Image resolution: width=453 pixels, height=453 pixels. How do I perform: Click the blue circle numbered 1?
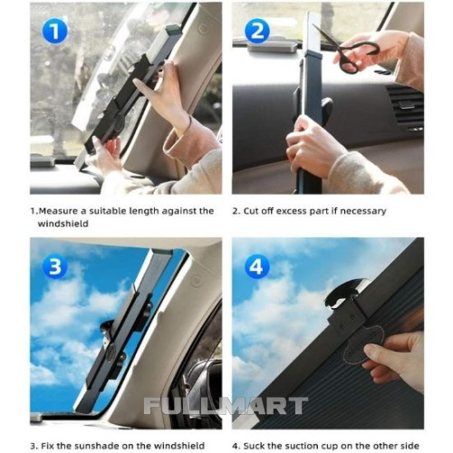(x=54, y=32)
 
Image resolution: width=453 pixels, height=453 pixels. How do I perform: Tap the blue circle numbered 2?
(x=257, y=31)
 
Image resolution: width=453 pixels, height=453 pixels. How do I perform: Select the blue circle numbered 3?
(x=54, y=266)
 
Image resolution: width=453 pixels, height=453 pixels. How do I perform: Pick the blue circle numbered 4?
(x=256, y=267)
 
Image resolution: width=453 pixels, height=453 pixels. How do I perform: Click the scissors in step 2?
(x=347, y=49)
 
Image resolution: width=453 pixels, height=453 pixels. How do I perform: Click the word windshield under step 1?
(x=63, y=224)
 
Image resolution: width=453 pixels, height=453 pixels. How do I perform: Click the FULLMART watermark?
(x=226, y=405)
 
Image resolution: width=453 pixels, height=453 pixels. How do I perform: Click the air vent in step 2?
(x=405, y=107)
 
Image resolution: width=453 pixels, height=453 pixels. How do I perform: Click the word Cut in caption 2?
(x=251, y=211)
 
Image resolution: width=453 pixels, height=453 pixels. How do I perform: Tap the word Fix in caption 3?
(x=46, y=446)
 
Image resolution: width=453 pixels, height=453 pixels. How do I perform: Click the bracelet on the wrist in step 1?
(x=188, y=124)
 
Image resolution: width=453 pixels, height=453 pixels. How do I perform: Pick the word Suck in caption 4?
(x=255, y=446)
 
